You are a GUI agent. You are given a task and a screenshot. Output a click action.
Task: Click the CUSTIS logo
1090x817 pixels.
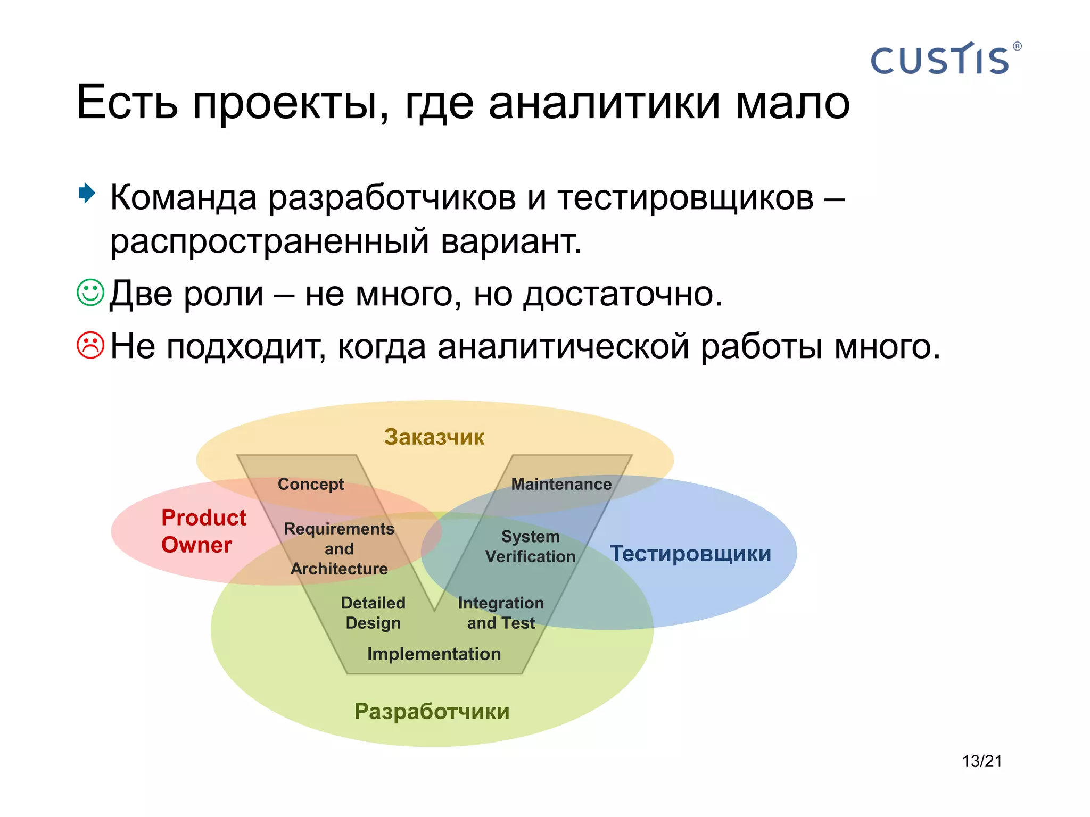(x=940, y=60)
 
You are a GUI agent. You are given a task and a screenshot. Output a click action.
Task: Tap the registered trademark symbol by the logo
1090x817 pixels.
(x=1017, y=46)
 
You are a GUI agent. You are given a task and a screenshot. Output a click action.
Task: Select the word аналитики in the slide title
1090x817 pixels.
(x=604, y=102)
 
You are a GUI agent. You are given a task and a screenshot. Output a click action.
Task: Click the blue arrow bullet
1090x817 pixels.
(x=87, y=193)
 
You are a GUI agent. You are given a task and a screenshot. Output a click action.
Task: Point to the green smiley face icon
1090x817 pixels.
(x=90, y=293)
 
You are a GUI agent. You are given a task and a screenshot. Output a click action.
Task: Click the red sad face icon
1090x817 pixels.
(x=90, y=345)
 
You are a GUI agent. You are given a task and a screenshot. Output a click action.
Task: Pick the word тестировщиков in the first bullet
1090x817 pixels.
(x=686, y=198)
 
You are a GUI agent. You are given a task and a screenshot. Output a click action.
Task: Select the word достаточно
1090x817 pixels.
(x=623, y=294)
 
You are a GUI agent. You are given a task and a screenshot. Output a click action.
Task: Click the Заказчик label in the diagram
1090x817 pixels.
(x=434, y=437)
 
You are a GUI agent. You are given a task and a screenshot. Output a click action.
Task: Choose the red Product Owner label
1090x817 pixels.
(x=203, y=531)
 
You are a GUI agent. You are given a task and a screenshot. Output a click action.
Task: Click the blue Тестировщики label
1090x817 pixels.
(x=690, y=554)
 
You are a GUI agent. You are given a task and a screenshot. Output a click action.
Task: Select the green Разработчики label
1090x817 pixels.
(x=432, y=712)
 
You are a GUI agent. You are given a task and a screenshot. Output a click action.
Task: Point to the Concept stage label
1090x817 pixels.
(x=311, y=484)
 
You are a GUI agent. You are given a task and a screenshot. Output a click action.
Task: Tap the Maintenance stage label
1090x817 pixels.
(x=561, y=484)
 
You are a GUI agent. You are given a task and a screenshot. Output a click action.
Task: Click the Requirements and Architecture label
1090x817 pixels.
(x=339, y=548)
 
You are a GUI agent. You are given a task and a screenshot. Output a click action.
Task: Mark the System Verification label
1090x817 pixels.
(x=530, y=546)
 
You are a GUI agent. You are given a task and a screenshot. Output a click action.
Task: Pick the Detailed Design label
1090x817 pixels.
(x=373, y=613)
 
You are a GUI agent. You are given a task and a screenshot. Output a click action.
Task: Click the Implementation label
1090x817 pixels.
(x=434, y=654)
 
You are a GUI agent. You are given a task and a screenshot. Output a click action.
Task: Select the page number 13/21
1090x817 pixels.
(x=981, y=761)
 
